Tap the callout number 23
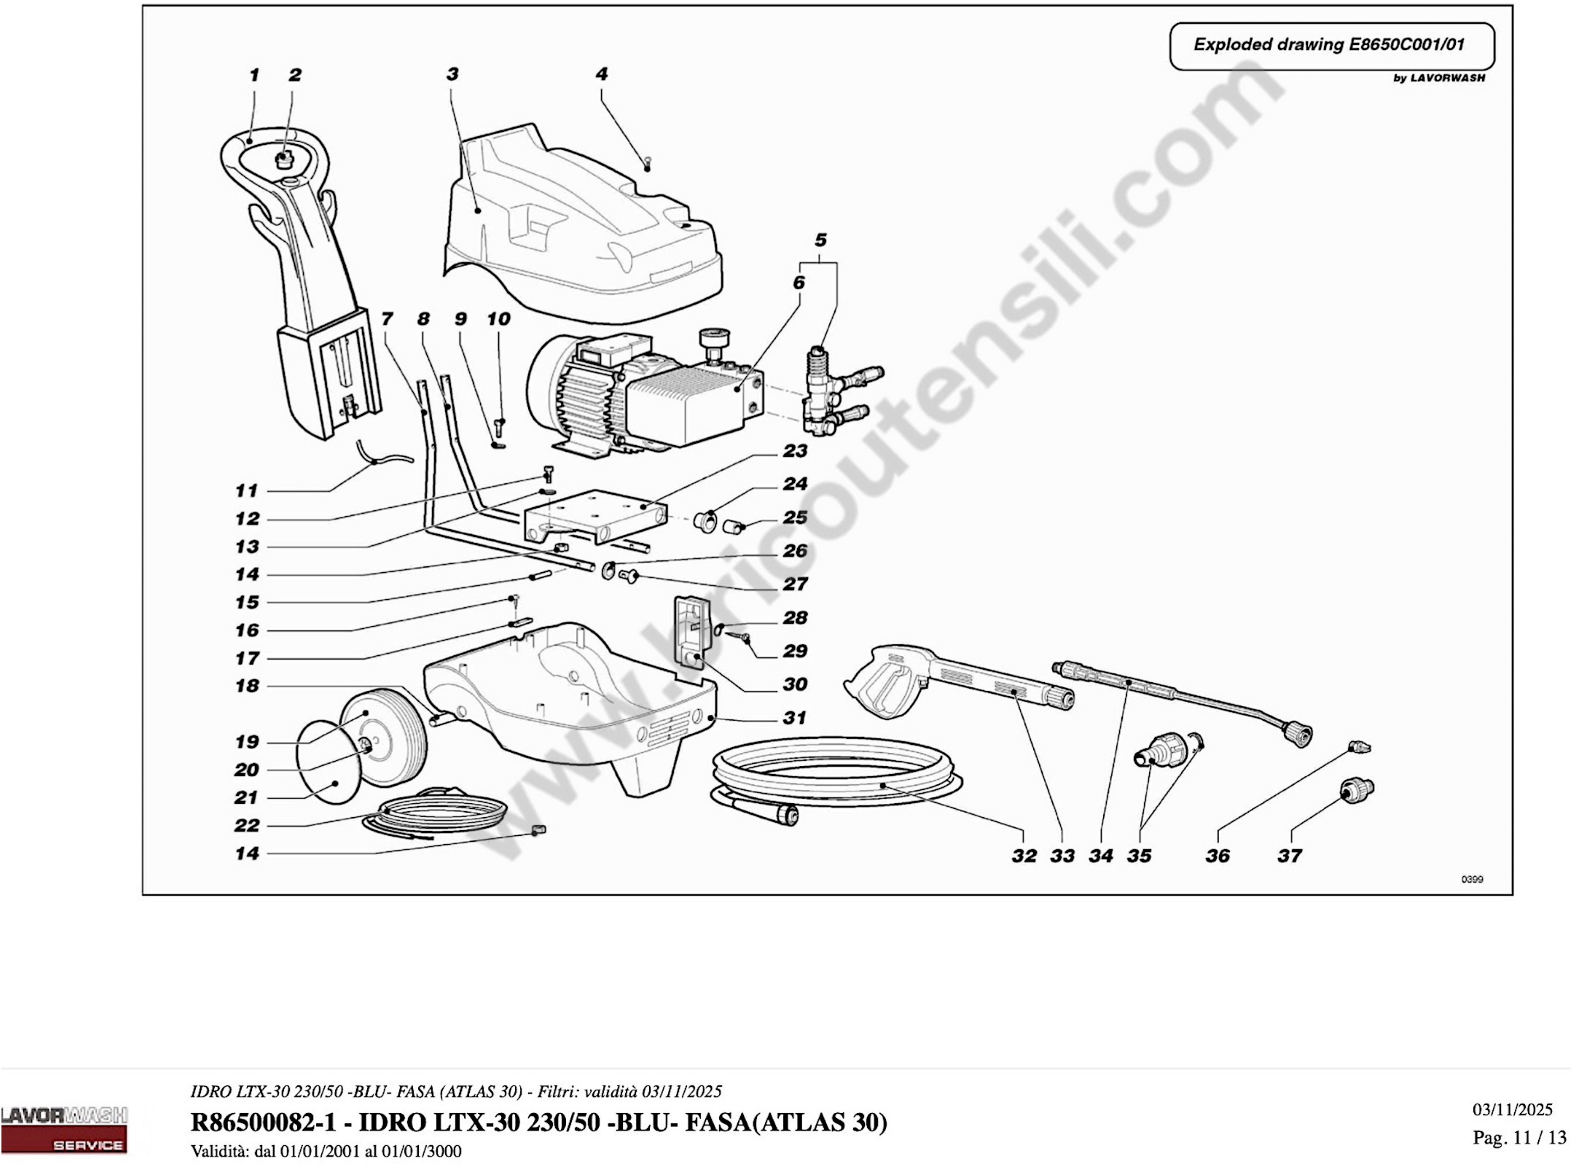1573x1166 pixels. coord(795,450)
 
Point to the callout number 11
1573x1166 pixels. coord(246,490)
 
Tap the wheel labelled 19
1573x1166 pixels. coord(385,734)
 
